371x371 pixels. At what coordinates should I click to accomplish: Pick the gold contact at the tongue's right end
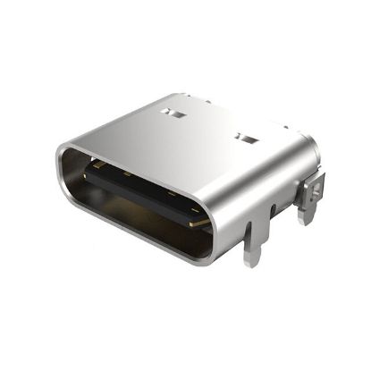pos(201,219)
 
